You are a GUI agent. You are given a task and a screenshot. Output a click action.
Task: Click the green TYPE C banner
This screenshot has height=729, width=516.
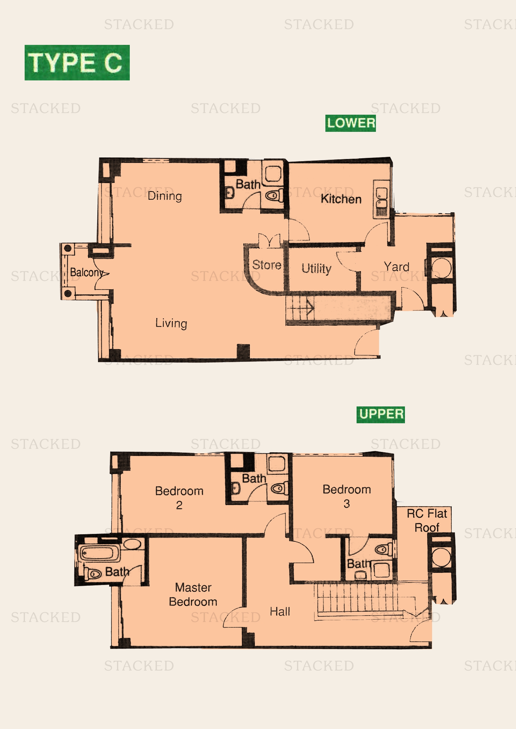[x=77, y=63]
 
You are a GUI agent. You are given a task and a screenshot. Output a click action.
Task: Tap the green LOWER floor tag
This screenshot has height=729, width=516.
[x=350, y=123]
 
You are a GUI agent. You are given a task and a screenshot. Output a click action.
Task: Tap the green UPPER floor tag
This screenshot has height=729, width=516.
[x=380, y=414]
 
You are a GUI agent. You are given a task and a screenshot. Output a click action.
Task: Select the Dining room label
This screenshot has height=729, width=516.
[x=165, y=196]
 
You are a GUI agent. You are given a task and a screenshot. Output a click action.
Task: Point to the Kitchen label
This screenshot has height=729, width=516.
[x=341, y=199]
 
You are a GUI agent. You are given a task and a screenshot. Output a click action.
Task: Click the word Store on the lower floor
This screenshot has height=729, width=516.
[x=266, y=265]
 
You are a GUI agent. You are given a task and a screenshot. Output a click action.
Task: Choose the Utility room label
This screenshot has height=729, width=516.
[x=316, y=268]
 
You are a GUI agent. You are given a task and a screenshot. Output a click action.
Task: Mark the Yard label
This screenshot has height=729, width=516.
[x=396, y=267]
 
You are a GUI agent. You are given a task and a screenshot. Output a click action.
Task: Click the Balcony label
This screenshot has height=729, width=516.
[x=86, y=272]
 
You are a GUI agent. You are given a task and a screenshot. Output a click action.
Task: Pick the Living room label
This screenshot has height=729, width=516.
[x=171, y=323]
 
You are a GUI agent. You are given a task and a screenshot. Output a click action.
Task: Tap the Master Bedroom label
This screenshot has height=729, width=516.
[x=193, y=594]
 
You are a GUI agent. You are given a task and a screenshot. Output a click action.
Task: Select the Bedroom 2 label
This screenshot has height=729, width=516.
[x=179, y=497]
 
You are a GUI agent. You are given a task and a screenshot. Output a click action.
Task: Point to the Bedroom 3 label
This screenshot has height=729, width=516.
[x=347, y=496]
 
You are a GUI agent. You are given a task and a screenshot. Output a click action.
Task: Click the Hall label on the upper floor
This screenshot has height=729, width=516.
[x=280, y=611]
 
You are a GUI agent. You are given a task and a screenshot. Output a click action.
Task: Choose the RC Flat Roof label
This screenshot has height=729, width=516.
[x=427, y=520]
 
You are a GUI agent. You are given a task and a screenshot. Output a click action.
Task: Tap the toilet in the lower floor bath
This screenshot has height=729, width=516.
[x=274, y=196]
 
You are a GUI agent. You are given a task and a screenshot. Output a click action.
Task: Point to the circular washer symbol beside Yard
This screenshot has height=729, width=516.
[x=441, y=268]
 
